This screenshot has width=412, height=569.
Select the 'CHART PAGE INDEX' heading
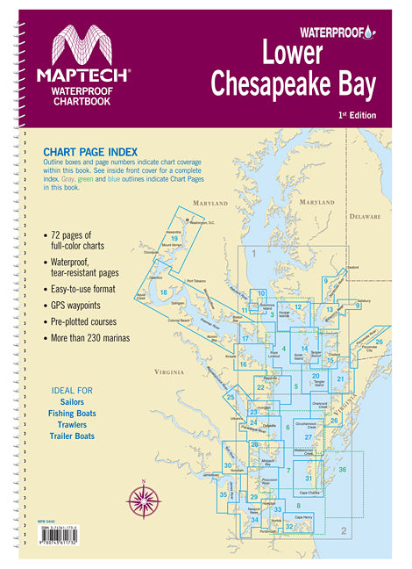click(x=91, y=150)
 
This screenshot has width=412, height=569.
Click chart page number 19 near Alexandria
click(x=175, y=238)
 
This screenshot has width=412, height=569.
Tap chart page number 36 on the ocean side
click(x=343, y=471)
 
